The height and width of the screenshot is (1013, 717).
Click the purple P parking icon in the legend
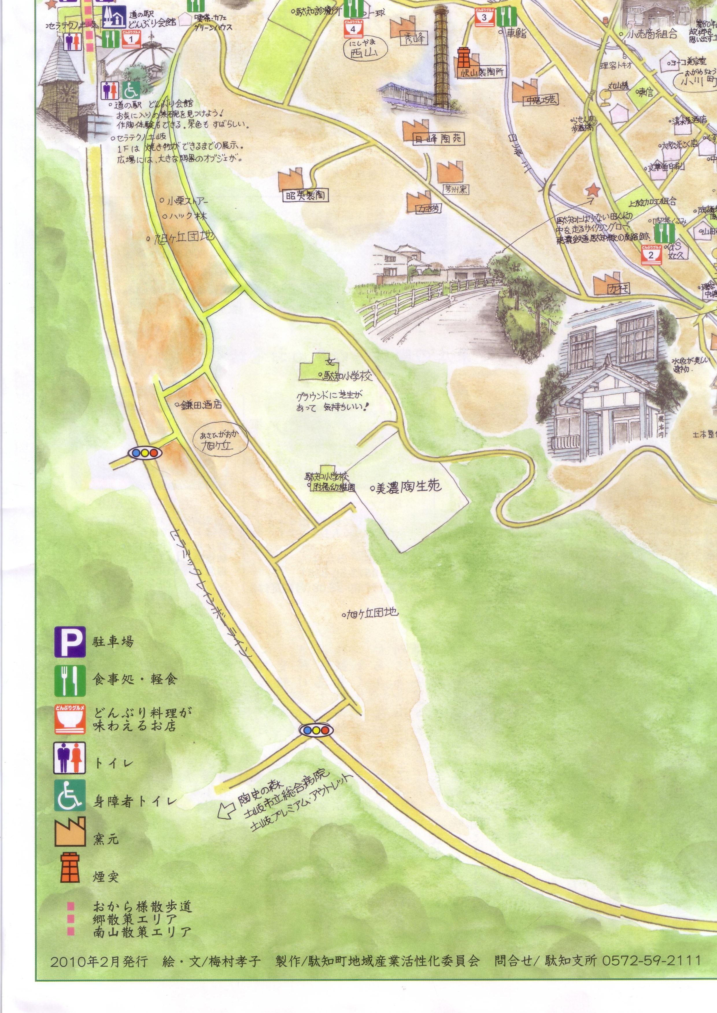[x=70, y=642]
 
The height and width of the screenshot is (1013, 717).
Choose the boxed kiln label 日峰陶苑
[x=438, y=140]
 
